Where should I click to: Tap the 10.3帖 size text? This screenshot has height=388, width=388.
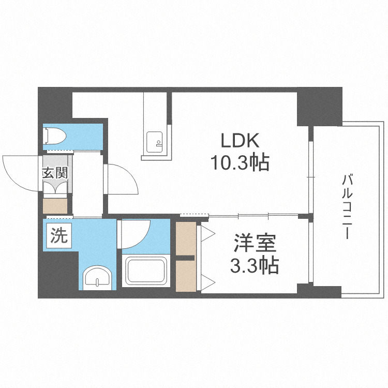tap(240, 163)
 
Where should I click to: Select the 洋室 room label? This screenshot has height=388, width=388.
tap(254, 243)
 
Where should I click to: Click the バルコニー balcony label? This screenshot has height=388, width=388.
tap(347, 207)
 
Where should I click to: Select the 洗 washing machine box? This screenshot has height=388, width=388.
tap(59, 236)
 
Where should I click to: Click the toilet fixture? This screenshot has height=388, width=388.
tap(55, 136)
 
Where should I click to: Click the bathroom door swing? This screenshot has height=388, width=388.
tap(136, 234)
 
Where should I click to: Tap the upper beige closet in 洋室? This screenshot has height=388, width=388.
tap(185, 238)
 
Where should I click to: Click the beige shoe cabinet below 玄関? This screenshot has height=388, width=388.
tap(55, 205)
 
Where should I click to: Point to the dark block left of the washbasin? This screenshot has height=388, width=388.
tap(58, 274)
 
